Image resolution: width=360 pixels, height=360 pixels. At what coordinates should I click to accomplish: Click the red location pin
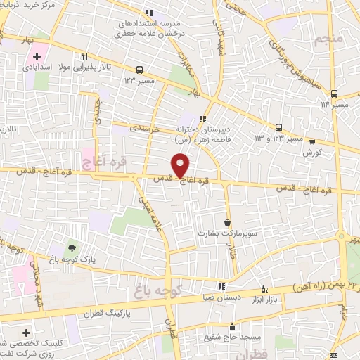[x=181, y=166]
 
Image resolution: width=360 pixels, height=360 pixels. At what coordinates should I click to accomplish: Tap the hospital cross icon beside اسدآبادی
[x=37, y=56]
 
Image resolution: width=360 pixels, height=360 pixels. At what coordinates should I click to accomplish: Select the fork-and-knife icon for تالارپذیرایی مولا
[x=84, y=57]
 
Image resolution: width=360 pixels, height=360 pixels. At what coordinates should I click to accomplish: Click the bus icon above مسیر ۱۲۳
[x=139, y=70]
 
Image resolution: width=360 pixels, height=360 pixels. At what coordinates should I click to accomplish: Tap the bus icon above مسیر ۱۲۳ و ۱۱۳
[x=279, y=127]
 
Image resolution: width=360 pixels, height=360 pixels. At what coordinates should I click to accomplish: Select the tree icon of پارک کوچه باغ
[x=71, y=247]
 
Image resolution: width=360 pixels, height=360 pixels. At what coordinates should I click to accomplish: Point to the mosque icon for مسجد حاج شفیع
[x=233, y=327]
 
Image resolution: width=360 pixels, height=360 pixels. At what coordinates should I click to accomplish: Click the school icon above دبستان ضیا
[x=222, y=286]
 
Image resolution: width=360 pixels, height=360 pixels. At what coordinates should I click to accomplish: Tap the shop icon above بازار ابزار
[x=264, y=289]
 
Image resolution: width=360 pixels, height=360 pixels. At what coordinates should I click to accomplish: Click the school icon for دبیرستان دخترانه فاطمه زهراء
[x=203, y=118]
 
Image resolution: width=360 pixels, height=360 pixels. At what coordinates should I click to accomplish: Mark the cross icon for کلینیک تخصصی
[x=27, y=332]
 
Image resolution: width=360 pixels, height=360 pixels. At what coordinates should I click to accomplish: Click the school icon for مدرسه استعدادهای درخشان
[x=148, y=12]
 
